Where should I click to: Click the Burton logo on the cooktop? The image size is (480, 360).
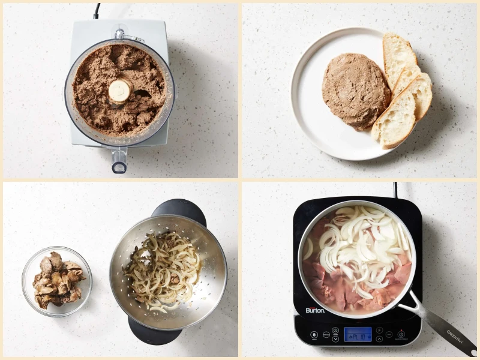(x=315, y=310)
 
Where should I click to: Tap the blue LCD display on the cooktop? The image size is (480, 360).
(x=358, y=334)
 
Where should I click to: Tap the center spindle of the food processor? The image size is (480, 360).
(x=120, y=91)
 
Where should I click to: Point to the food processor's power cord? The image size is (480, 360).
(x=96, y=10)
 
